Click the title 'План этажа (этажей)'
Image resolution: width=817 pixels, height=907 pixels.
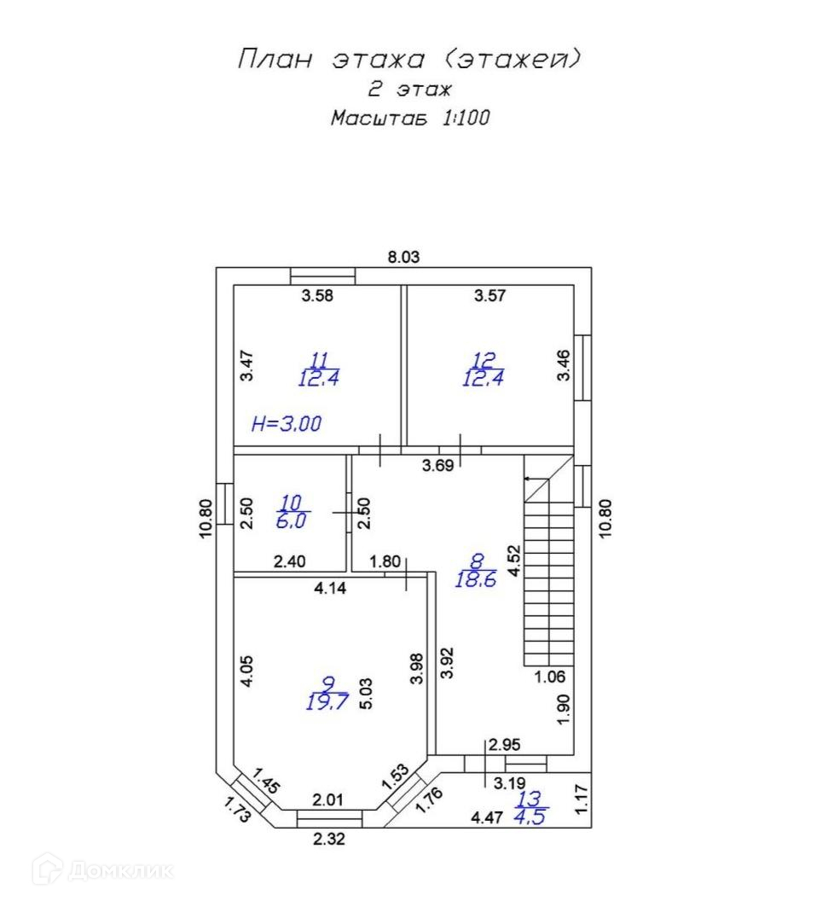(x=408, y=59)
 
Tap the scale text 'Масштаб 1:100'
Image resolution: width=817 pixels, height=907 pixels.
(x=410, y=118)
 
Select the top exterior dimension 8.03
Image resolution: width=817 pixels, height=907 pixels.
(x=403, y=257)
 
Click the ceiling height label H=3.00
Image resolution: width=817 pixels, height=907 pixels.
(x=287, y=424)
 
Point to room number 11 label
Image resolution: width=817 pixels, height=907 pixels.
(x=319, y=360)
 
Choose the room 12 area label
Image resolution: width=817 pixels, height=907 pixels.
(x=483, y=378)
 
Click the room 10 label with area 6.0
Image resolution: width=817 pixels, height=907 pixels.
(x=292, y=512)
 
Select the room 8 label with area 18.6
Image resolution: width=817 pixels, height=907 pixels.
(x=476, y=570)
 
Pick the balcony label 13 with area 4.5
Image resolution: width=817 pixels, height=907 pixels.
(x=530, y=807)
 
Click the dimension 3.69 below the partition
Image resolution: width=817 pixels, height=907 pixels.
(x=437, y=466)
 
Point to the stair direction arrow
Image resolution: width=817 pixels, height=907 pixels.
(x=536, y=479)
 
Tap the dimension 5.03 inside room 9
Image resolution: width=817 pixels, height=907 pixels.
(x=366, y=694)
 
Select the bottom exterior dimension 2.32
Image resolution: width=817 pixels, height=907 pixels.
(x=329, y=839)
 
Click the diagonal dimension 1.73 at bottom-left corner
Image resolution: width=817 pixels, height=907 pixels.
(x=238, y=810)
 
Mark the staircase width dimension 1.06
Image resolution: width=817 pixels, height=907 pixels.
(x=549, y=677)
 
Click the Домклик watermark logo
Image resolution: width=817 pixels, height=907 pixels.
(x=103, y=870)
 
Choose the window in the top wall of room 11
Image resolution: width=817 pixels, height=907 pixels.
(x=322, y=276)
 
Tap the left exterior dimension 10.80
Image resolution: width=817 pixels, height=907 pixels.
(x=206, y=519)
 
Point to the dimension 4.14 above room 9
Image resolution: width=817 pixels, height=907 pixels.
(x=330, y=588)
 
